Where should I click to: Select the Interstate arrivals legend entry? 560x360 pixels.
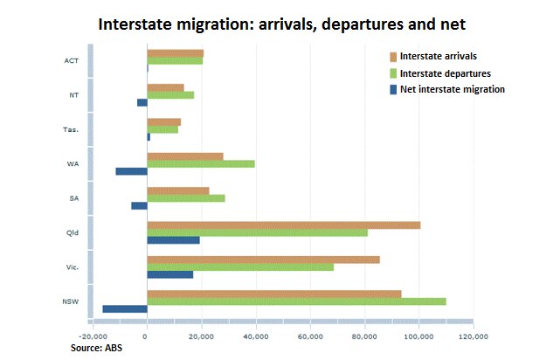click(x=437, y=56)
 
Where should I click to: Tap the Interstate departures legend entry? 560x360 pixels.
click(x=444, y=73)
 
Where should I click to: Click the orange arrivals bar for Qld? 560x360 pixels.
click(x=283, y=225)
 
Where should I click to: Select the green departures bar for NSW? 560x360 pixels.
click(x=296, y=301)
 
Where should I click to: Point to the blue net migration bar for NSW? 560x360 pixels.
click(x=125, y=308)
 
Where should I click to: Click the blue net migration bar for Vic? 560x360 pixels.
click(x=169, y=274)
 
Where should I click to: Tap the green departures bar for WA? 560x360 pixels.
click(x=201, y=163)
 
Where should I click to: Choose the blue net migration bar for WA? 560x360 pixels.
click(x=132, y=171)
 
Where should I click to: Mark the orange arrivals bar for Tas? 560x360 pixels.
click(x=164, y=121)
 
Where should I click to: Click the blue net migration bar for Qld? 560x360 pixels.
click(x=173, y=239)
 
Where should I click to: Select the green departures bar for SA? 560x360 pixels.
click(x=186, y=198)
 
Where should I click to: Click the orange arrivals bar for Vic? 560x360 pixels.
click(x=263, y=259)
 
